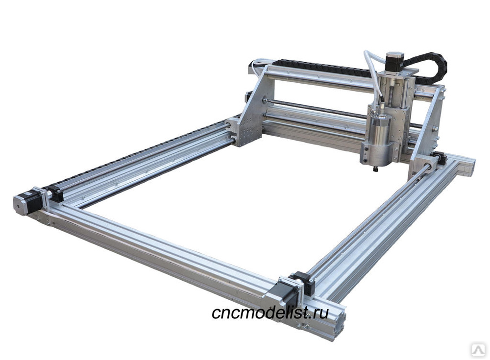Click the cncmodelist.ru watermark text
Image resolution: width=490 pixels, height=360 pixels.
270,312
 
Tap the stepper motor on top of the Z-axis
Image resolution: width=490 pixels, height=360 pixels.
395,59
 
